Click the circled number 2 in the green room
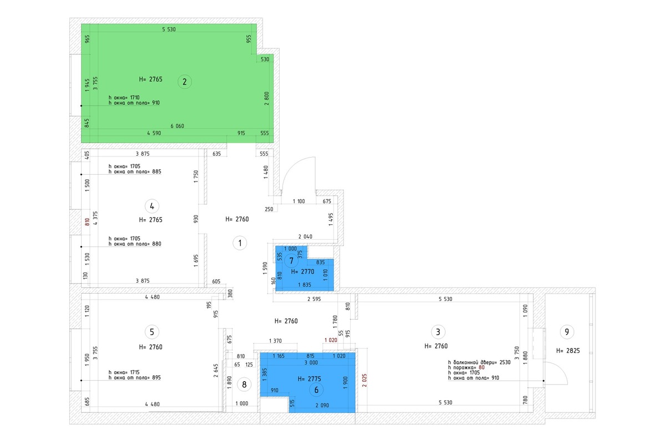click(184, 82)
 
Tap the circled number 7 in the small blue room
click(291, 261)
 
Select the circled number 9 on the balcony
click(567, 332)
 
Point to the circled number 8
click(244, 385)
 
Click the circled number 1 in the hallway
click(240, 243)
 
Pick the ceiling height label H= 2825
click(568, 351)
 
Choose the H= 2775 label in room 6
click(309, 379)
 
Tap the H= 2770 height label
click(302, 271)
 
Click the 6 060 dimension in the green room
click(177, 126)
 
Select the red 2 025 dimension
click(365, 380)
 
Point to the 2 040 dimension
click(305, 237)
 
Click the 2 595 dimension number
click(314, 299)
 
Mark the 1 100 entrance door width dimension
click(299, 201)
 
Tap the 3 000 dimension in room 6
click(311, 362)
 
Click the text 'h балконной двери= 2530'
click(480, 362)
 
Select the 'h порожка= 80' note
click(467, 367)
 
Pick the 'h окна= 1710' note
click(124, 98)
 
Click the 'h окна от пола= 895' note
click(135, 378)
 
